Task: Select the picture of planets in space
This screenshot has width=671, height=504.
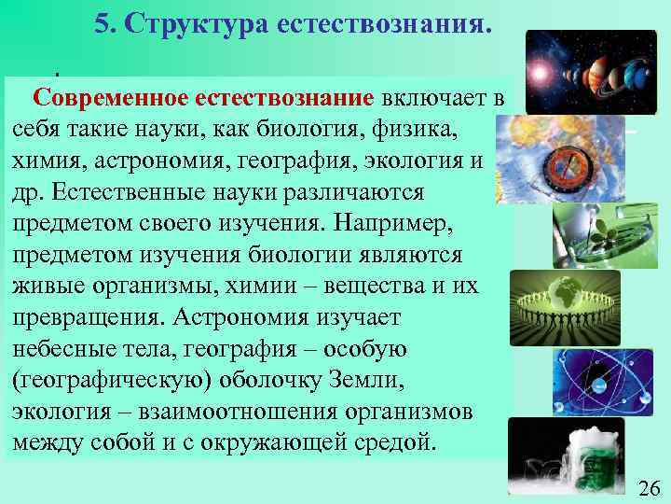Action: point(590,60)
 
